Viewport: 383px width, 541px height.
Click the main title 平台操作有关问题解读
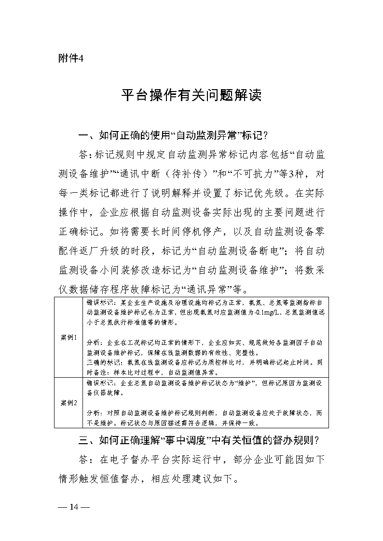pos(191,95)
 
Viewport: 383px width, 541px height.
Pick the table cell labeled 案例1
pos(69,337)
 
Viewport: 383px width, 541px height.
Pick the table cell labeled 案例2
pos(69,403)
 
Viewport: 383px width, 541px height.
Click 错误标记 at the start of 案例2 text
pos(100,383)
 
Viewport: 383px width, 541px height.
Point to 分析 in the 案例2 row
pos(93,413)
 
